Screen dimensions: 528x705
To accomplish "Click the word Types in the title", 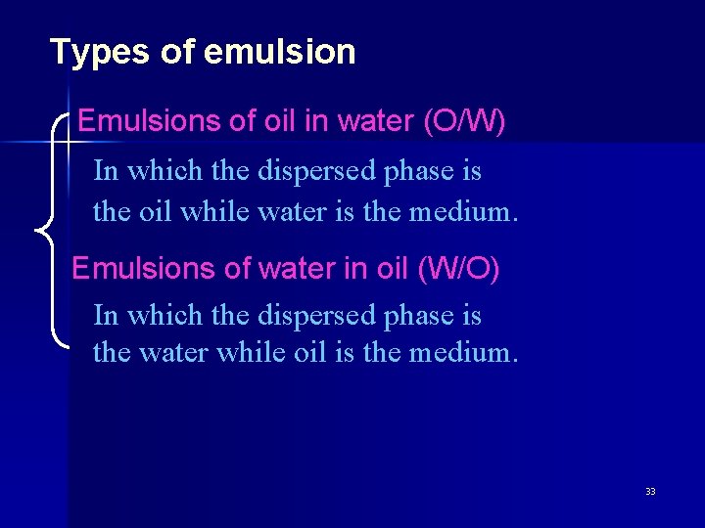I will click(93, 52).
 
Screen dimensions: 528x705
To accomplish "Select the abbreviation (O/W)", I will click(464, 122).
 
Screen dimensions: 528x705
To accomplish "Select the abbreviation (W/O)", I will click(458, 268).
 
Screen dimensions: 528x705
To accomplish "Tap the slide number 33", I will click(650, 491).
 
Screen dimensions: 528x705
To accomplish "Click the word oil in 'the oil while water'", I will click(148, 210).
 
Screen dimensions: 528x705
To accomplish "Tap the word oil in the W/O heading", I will click(392, 268).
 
